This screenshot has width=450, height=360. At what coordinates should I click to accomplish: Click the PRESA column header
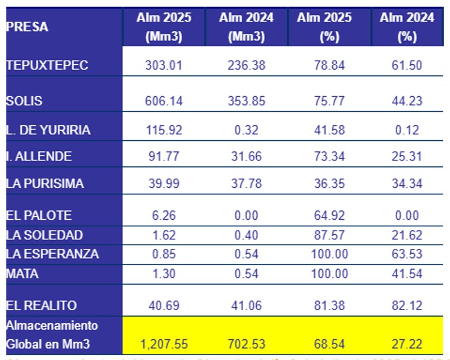27,27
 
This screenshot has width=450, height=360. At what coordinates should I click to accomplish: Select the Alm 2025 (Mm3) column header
163,27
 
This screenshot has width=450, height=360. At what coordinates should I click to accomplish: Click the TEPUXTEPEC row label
47,65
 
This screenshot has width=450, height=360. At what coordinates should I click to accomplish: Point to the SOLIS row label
24,100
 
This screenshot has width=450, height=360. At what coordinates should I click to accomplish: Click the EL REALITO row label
42,305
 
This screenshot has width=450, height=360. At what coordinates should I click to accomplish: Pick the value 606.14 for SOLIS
163,100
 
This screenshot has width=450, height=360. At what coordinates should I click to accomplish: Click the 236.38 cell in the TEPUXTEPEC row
246,65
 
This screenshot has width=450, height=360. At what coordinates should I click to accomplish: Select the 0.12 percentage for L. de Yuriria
407,130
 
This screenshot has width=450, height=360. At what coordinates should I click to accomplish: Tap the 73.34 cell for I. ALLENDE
329,156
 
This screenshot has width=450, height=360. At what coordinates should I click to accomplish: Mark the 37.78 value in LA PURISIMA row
246,184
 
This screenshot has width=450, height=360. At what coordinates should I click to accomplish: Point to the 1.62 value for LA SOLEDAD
163,235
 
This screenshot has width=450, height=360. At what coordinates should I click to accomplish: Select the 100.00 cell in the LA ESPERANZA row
329,254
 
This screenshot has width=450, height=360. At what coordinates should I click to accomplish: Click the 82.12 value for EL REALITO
407,305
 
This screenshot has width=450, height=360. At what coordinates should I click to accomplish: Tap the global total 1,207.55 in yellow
163,344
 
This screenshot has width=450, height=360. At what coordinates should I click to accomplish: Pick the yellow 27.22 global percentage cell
407,344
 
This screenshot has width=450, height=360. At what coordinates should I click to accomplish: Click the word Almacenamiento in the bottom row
52,326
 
